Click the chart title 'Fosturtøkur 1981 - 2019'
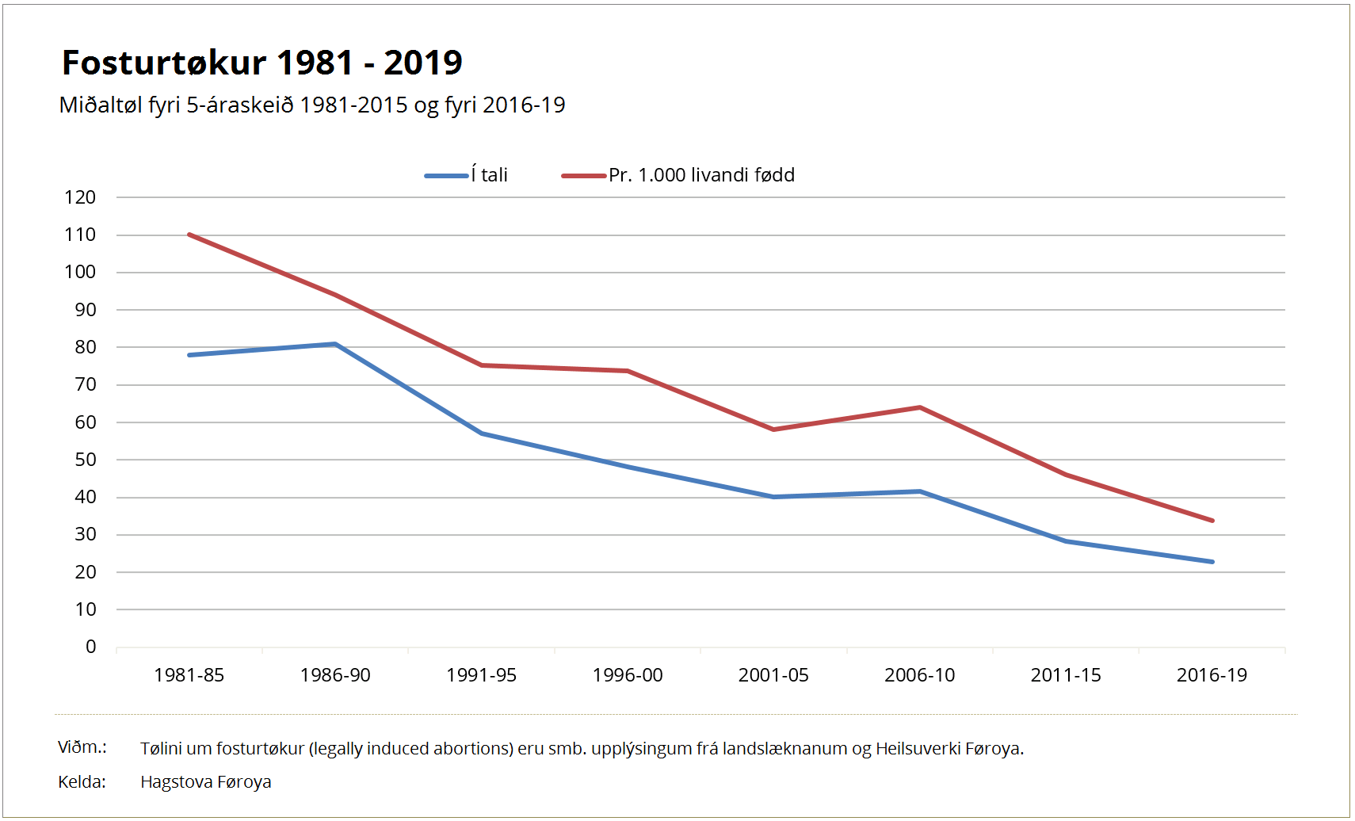[262, 63]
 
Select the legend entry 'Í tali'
[466, 175]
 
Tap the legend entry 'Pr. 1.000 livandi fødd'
[678, 175]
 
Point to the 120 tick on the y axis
[80, 197]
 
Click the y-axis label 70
[86, 385]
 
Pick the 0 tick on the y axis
[91, 647]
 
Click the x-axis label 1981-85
[189, 675]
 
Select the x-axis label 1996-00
[628, 675]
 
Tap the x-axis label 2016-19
[1212, 675]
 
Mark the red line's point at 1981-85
[189, 234]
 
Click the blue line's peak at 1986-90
[335, 344]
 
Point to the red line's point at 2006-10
[920, 407]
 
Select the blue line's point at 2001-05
[773, 497]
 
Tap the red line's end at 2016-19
[1212, 521]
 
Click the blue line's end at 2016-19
[1212, 562]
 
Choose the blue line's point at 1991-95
[482, 433]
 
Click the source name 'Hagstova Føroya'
[206, 782]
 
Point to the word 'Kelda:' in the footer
[82, 782]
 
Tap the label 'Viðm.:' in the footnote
[82, 747]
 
